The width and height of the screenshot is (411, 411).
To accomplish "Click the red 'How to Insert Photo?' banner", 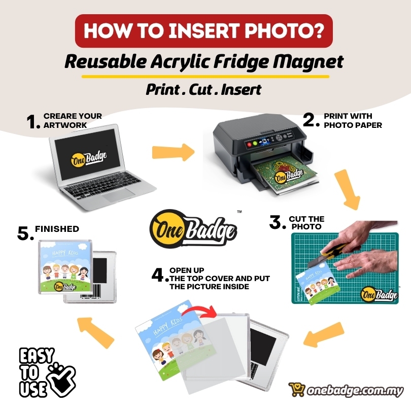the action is click(x=204, y=30).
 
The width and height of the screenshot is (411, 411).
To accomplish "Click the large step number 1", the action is click(x=32, y=122).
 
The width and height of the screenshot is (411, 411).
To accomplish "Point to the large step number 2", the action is click(x=310, y=120).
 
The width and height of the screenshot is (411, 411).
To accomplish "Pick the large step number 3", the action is click(x=276, y=222).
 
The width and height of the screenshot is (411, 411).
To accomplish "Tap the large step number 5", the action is click(x=25, y=233).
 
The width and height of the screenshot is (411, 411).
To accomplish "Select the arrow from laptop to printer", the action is click(x=173, y=152).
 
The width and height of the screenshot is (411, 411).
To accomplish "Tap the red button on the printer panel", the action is click(x=249, y=144).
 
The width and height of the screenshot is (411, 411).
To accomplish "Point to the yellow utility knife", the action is click(x=330, y=253).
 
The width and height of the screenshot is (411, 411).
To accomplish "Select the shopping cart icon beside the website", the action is click(x=297, y=390).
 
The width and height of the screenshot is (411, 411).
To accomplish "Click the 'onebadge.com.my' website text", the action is click(x=355, y=391).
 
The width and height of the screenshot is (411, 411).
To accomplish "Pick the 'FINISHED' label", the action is click(x=57, y=229).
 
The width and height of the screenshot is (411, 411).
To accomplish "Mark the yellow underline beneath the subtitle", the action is click(x=205, y=77).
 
